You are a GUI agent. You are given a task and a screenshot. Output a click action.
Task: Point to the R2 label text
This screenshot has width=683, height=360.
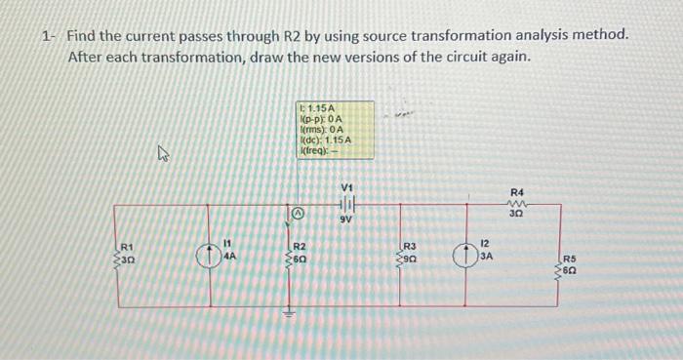pos(301,246)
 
